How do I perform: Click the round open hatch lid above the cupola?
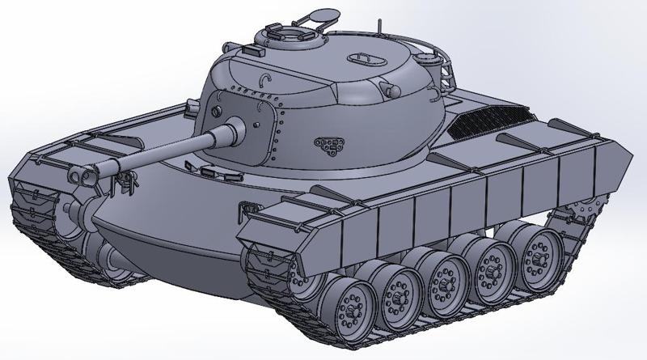click(323, 14)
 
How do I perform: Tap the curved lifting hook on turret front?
click(264, 78)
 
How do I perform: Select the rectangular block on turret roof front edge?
click(251, 50)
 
